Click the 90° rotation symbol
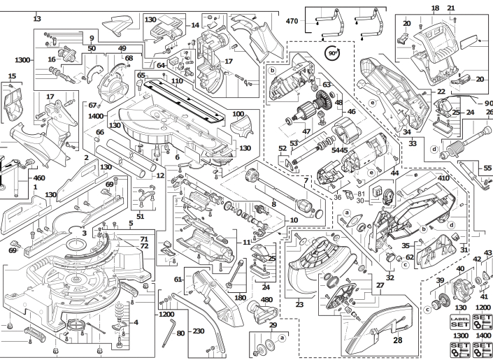[x=332, y=53]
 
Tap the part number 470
[x=292, y=21]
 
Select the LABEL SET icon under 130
[x=459, y=322]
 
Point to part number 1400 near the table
[x=96, y=116]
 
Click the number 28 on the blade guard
[x=398, y=340]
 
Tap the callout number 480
[x=266, y=300]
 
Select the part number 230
[x=199, y=331]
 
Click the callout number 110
[x=177, y=81]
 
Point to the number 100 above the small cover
[x=238, y=114]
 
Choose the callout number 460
[x=39, y=178]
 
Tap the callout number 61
[x=178, y=279]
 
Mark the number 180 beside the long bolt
[x=241, y=297]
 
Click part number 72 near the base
[x=144, y=246]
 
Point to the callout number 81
[x=362, y=194]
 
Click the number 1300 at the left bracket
[x=22, y=59]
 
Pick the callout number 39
[x=440, y=281]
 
